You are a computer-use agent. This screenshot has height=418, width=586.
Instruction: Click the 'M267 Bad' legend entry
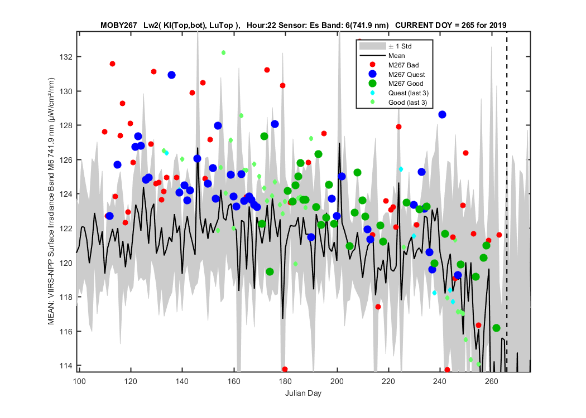click(404, 65)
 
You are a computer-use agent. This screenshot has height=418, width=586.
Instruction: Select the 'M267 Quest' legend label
click(407, 74)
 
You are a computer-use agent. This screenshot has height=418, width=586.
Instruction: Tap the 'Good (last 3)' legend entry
click(407, 102)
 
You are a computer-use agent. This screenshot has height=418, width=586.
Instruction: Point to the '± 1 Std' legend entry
click(400, 46)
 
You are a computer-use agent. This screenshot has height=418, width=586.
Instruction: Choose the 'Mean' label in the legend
click(396, 56)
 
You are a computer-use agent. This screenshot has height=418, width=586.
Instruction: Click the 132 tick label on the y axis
click(65, 57)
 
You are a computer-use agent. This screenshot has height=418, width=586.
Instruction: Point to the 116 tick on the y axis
click(65, 332)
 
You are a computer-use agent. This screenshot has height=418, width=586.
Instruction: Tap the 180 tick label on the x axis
click(286, 381)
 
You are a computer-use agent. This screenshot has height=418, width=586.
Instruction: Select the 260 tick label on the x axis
click(492, 381)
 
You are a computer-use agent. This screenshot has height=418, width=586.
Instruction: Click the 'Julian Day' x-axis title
click(303, 393)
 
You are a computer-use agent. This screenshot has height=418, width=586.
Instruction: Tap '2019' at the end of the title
click(499, 26)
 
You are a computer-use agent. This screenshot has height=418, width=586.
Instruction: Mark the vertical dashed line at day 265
click(507, 202)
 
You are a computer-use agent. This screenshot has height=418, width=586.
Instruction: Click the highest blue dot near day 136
click(171, 75)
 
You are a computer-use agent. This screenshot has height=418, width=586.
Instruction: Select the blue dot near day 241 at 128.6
click(442, 115)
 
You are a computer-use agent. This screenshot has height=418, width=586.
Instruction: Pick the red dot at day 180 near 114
click(285, 370)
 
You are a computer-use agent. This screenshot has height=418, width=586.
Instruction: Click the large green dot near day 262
click(496, 328)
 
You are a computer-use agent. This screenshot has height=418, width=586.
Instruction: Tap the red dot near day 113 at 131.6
click(112, 64)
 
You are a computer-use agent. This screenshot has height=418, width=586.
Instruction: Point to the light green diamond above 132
click(223, 52)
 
